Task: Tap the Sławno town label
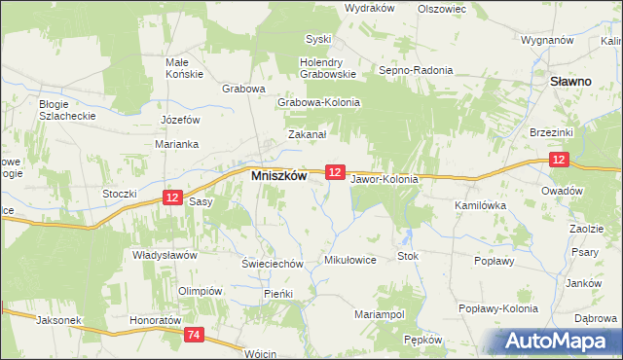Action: (x=571, y=83)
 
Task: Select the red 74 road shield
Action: (x=194, y=335)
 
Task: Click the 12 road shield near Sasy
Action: (x=172, y=197)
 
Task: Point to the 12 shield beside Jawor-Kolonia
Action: (x=335, y=171)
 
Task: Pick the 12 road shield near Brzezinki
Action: (x=558, y=159)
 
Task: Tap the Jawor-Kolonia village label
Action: (x=385, y=180)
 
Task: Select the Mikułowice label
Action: (x=349, y=261)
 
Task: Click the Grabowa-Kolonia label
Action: (x=319, y=102)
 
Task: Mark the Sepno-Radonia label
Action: (x=417, y=70)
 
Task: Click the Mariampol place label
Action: (x=380, y=315)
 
